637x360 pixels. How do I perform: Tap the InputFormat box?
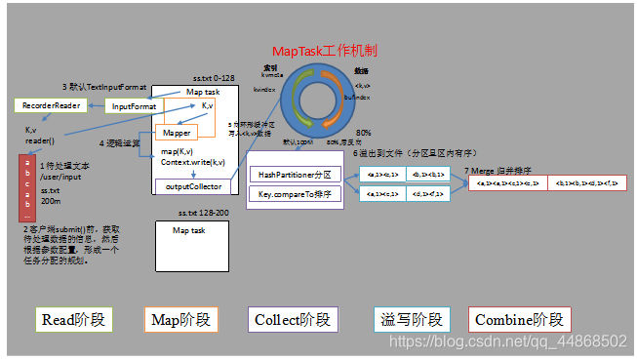(134, 106)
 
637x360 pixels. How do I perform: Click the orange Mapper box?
(176, 132)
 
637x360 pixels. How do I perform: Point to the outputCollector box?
(192, 186)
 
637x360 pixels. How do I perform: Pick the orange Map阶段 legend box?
(179, 319)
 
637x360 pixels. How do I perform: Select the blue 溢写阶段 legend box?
(411, 319)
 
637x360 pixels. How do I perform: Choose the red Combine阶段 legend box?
(519, 319)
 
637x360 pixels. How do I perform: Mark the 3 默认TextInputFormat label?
(104, 88)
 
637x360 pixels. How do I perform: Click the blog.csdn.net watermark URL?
(508, 341)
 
